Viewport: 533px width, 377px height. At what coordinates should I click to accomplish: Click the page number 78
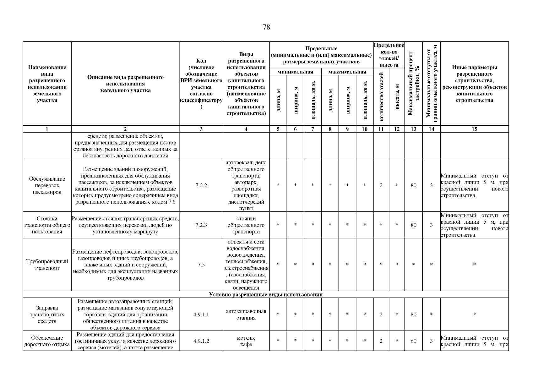(266, 27)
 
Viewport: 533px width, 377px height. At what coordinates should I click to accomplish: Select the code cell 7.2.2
(201, 185)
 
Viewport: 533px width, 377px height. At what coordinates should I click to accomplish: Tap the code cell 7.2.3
(201, 225)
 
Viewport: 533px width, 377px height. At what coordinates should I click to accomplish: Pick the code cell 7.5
(201, 265)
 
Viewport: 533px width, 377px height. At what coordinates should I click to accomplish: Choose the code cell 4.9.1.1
(201, 314)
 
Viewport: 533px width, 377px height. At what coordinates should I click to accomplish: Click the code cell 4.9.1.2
(201, 341)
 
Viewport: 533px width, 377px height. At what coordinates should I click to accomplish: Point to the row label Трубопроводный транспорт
(47, 265)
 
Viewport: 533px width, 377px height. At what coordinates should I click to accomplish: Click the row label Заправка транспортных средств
(47, 314)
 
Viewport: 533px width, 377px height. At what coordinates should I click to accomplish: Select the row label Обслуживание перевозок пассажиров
(47, 185)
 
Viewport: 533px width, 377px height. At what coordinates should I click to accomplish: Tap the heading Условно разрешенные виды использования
(266, 295)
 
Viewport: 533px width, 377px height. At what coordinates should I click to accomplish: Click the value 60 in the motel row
(413, 341)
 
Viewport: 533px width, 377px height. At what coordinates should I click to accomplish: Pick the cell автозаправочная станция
(246, 314)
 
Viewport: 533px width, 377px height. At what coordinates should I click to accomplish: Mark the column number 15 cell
(474, 129)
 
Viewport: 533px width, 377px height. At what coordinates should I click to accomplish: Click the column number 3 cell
(201, 129)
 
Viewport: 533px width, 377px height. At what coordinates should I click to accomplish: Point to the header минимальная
(295, 72)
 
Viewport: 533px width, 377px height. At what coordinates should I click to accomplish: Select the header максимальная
(347, 72)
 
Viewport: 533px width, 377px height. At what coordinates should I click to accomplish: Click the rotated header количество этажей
(381, 96)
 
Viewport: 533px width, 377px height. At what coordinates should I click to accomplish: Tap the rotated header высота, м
(397, 96)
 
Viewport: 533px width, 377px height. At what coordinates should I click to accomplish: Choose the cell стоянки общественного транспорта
(246, 225)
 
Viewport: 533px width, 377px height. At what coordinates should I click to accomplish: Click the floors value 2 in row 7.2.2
(381, 185)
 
